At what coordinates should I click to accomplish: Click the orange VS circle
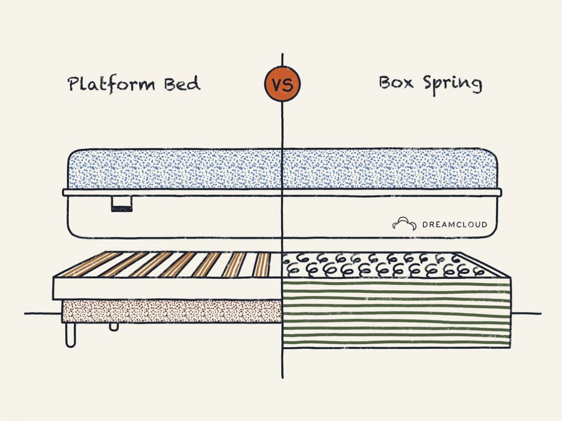pyautogui.click(x=282, y=84)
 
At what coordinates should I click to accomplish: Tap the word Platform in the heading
pyautogui.click(x=111, y=84)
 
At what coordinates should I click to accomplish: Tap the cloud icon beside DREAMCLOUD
pyautogui.click(x=404, y=224)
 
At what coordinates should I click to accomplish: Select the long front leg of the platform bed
pyautogui.click(x=70, y=335)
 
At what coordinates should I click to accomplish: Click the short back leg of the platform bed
pyautogui.click(x=114, y=326)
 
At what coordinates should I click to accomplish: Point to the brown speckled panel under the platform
pyautogui.click(x=171, y=311)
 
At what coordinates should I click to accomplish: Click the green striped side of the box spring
pyautogui.click(x=396, y=313)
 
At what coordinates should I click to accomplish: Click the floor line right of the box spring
pyautogui.click(x=527, y=313)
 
